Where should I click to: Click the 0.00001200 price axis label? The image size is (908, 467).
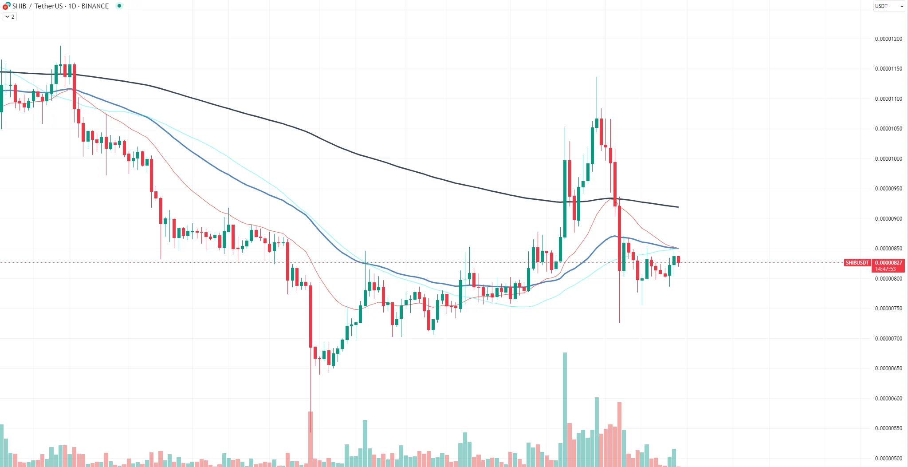888,39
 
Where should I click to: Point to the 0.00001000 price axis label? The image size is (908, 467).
888,159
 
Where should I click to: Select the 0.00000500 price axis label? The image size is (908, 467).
888,458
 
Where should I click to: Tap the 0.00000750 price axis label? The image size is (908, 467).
888,309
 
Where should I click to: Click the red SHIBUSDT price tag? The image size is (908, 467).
857,263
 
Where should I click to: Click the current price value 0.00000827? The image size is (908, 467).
888,263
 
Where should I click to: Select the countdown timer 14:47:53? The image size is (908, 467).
885,269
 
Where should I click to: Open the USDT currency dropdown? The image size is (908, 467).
888,6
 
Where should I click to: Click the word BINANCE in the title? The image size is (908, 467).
95,6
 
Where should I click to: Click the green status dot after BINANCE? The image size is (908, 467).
119,6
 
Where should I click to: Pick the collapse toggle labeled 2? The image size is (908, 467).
10,17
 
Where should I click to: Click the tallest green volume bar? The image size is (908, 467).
565,408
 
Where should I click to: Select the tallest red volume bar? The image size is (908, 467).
619,433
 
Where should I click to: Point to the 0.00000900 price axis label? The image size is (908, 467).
888,219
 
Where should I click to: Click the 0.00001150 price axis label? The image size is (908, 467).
888,69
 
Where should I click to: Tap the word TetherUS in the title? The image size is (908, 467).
48,6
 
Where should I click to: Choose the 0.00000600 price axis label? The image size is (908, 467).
888,399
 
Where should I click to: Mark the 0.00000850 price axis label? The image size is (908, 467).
888,249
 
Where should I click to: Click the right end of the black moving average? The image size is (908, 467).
677,207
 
